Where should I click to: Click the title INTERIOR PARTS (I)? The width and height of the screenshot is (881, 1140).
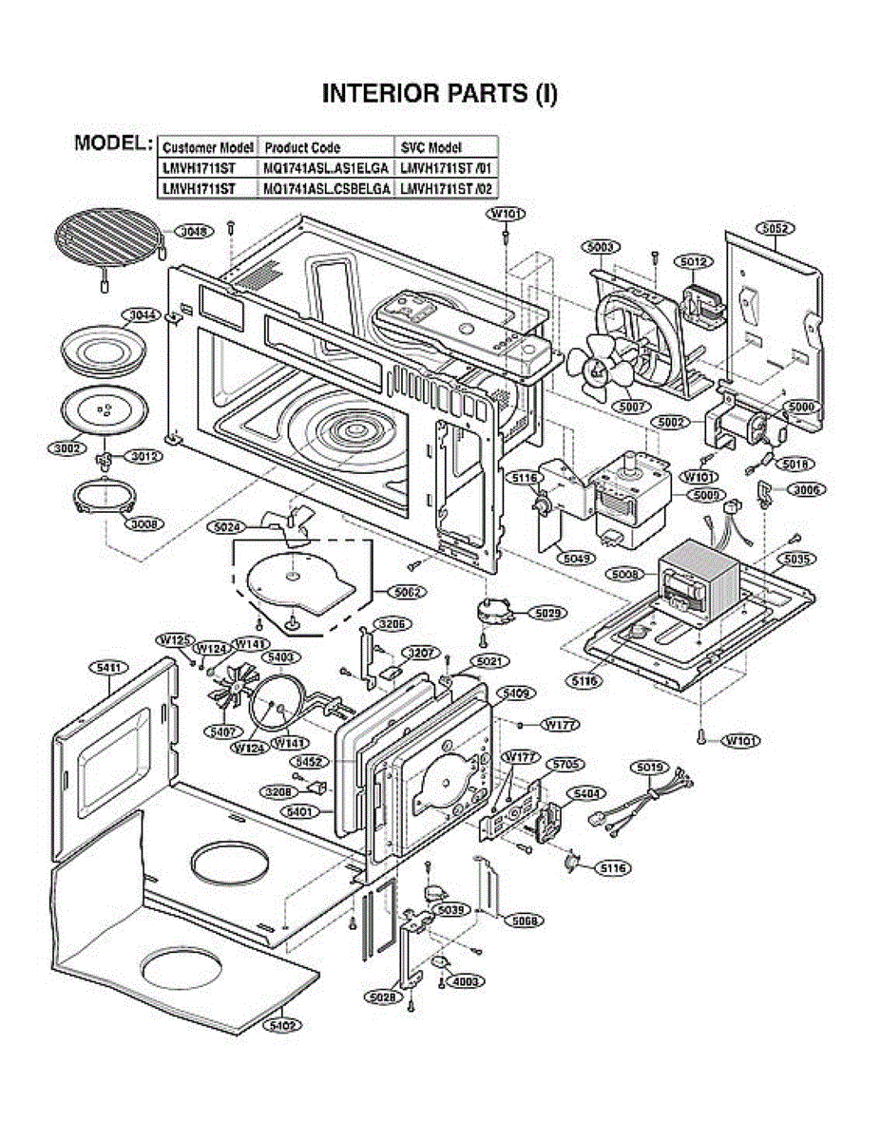(440, 93)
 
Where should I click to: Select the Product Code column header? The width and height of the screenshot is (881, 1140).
(302, 148)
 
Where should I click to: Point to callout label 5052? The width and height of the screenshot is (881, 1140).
(776, 229)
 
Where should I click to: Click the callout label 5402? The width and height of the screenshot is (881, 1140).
(283, 1025)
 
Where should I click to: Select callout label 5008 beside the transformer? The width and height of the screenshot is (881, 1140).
(624, 575)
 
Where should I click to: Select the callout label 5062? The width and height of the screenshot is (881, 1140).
(408, 591)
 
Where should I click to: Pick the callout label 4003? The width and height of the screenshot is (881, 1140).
(466, 981)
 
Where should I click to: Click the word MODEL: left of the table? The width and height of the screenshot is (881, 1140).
(113, 143)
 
